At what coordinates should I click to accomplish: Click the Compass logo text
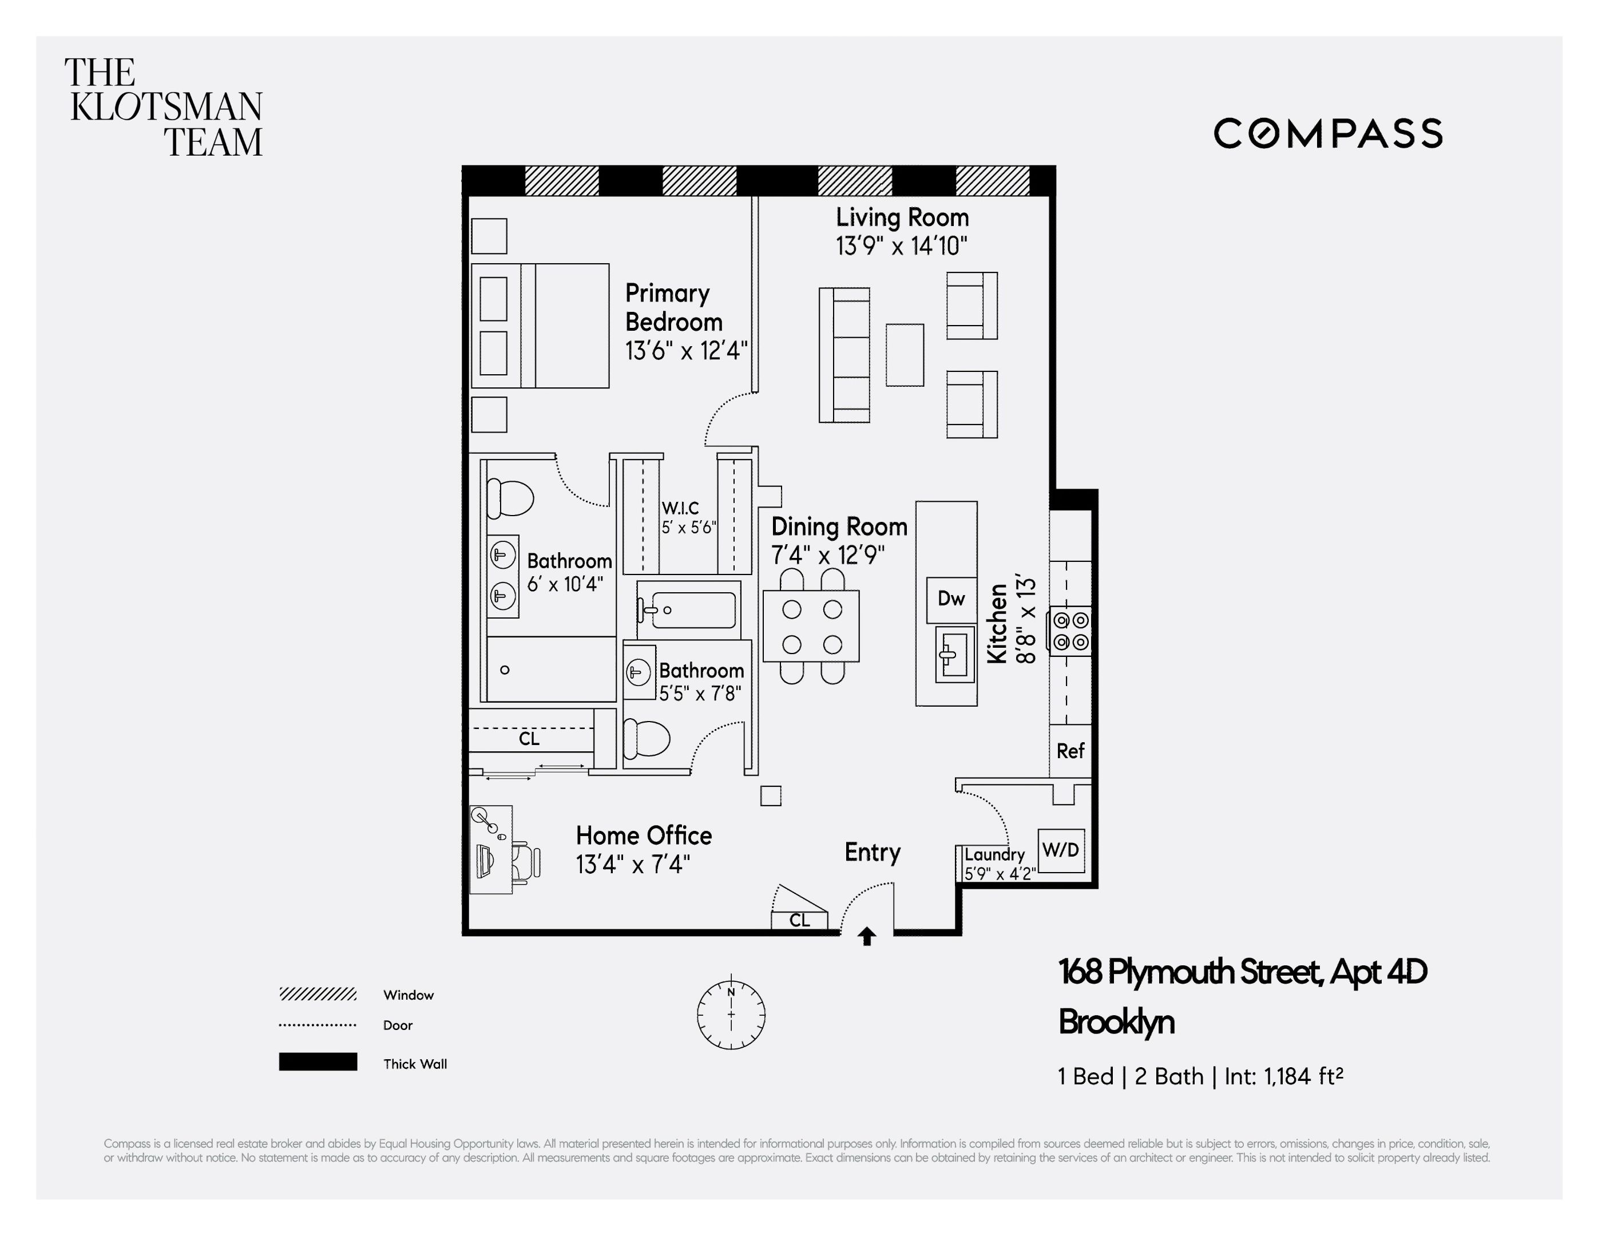click(1327, 134)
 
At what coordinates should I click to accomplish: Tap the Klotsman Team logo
click(164, 108)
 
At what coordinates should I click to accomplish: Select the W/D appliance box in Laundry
click(1061, 850)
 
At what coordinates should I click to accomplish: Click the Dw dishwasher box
click(951, 599)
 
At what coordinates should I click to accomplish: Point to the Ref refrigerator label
click(1070, 751)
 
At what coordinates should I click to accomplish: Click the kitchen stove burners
click(1071, 631)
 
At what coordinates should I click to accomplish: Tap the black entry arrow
click(867, 937)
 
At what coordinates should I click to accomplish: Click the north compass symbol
click(731, 1015)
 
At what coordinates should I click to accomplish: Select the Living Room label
click(902, 217)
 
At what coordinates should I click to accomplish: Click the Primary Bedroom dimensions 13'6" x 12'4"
click(685, 351)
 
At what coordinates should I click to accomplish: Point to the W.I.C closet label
click(680, 508)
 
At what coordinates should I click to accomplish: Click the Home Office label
click(644, 835)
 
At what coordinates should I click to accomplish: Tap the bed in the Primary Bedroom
click(540, 326)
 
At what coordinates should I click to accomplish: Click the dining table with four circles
click(811, 625)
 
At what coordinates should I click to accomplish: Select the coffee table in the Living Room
click(905, 355)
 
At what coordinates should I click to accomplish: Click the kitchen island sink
click(955, 653)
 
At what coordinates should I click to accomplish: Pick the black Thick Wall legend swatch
click(318, 1062)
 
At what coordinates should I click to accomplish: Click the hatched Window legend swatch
click(318, 994)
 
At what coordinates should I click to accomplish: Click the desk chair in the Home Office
click(526, 861)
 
